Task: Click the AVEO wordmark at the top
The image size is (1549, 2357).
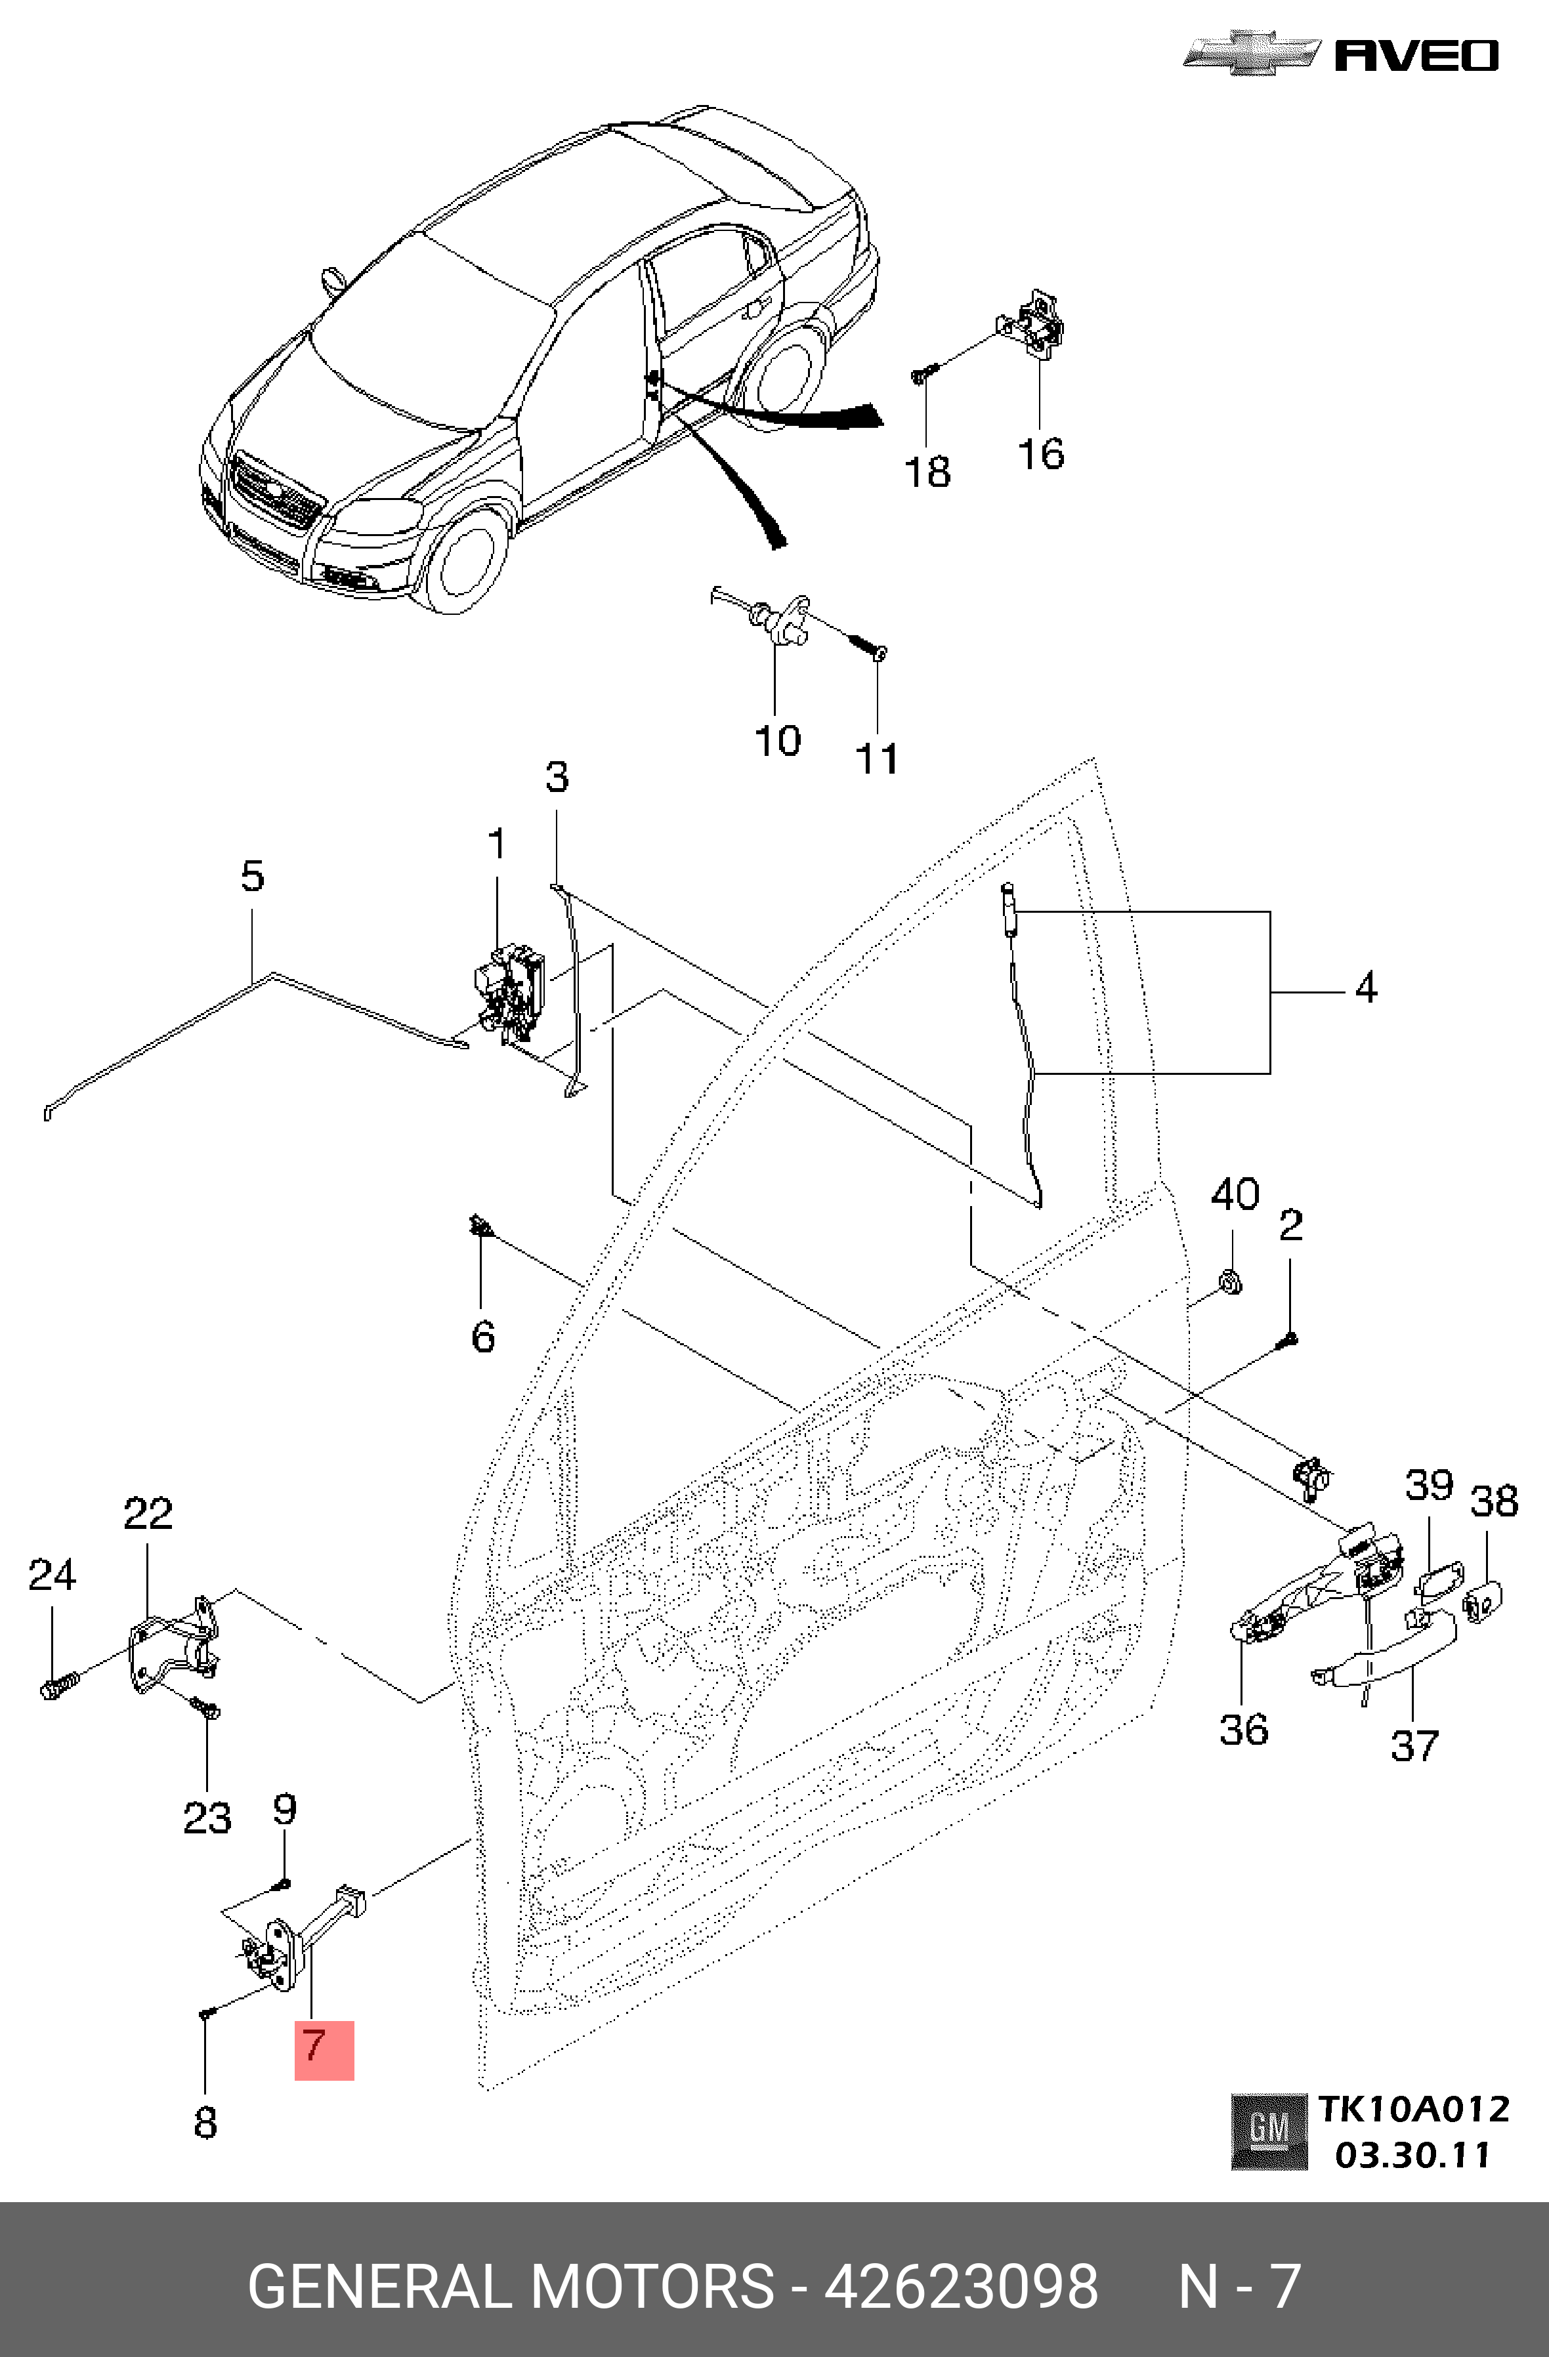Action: [1416, 56]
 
